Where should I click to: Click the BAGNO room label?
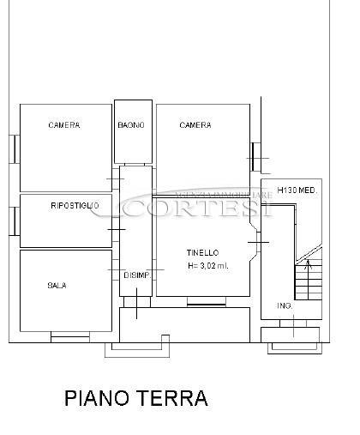[131, 125]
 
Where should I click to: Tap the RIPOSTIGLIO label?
[75, 205]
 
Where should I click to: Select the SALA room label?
[57, 286]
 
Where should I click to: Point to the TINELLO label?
[203, 253]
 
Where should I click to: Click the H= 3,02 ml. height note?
[208, 266]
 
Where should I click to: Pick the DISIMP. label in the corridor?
[137, 275]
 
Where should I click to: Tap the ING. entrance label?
[285, 305]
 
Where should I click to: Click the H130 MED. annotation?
[297, 190]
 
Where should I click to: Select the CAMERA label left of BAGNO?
[64, 125]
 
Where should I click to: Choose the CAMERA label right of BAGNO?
[195, 125]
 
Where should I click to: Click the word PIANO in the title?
[97, 398]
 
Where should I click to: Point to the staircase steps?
[309, 282]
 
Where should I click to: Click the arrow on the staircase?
[308, 265]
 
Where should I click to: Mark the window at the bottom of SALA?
[70, 337]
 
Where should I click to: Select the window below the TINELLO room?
[207, 301]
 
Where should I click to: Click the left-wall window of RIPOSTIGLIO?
[15, 221]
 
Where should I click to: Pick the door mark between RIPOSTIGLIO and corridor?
[117, 229]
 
